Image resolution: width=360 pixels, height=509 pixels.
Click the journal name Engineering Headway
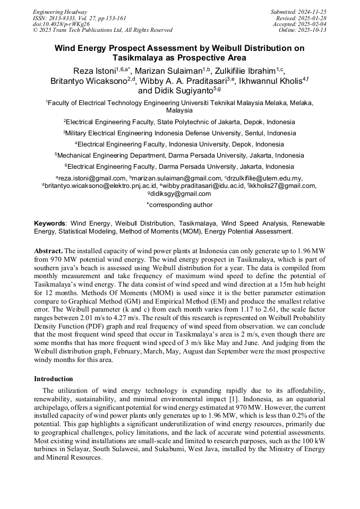click(60, 12)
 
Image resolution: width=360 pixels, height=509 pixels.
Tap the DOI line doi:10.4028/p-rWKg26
click(61, 24)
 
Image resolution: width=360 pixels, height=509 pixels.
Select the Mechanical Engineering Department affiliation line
click(179, 156)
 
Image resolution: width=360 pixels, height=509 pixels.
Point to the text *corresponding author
click(179, 205)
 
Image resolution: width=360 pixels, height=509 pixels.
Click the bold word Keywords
click(50, 223)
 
